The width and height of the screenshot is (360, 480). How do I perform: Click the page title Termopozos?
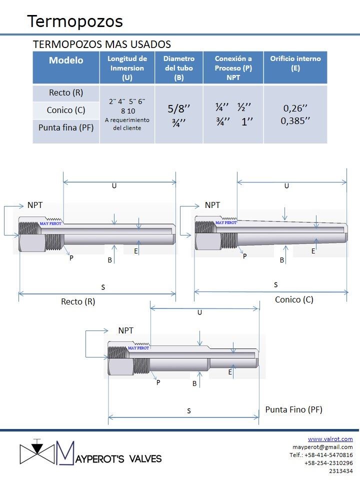tap(75, 21)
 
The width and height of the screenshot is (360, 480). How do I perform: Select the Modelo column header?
tap(66, 60)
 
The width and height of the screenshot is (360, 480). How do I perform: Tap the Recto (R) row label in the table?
tap(66, 93)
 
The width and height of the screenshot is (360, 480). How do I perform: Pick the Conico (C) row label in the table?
tap(66, 110)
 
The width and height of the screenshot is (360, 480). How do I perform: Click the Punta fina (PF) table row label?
tap(66, 127)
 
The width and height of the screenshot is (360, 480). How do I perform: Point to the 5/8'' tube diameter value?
tap(179, 108)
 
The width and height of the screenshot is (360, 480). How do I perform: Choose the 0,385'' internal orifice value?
tap(295, 121)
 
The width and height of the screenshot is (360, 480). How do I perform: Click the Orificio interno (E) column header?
tap(295, 63)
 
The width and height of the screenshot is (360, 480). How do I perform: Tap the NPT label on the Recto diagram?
tap(35, 205)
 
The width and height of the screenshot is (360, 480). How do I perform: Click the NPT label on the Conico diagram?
tap(212, 205)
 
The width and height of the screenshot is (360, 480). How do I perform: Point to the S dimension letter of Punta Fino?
tap(189, 411)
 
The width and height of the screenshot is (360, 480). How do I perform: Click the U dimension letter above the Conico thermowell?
tap(286, 186)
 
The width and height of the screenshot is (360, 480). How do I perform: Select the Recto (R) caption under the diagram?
tap(78, 302)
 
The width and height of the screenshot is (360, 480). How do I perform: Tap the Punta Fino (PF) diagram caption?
tap(294, 410)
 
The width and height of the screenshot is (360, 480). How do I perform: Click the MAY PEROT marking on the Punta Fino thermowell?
tap(138, 348)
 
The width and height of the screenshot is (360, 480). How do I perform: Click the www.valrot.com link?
tap(330, 439)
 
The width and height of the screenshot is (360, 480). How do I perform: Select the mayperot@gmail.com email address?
tap(322, 447)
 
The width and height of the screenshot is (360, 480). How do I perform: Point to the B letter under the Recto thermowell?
tap(109, 260)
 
